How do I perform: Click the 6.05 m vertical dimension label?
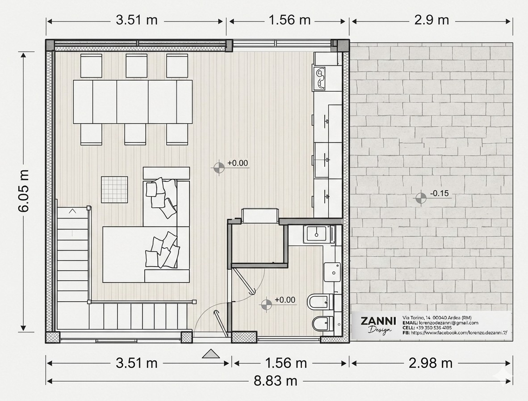(24, 191)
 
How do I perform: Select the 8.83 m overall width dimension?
(276, 381)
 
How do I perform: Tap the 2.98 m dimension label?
(430, 363)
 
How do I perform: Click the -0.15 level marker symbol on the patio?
(421, 198)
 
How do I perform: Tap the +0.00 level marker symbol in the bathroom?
(266, 304)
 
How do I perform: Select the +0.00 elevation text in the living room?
(237, 163)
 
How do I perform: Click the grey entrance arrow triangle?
(211, 354)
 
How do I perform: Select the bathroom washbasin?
(332, 272)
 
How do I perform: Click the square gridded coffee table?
(114, 190)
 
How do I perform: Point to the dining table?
(133, 102)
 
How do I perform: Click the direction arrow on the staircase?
(72, 222)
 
